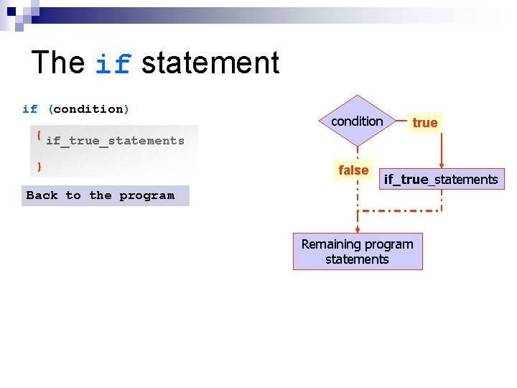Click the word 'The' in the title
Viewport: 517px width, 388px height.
tap(58, 63)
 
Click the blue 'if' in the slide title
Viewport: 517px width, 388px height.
tap(113, 65)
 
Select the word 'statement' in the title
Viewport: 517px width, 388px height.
tap(210, 63)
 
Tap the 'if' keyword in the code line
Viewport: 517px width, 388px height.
tap(29, 109)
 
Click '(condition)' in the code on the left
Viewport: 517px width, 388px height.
tap(89, 109)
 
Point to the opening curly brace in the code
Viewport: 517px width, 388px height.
tap(38, 135)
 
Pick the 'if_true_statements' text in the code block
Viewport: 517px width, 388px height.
tap(115, 141)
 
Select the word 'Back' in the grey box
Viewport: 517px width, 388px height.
tap(42, 195)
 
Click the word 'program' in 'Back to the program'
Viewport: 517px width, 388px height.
tap(146, 195)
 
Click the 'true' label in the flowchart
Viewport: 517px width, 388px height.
tap(424, 123)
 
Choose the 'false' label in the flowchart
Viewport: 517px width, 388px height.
tap(353, 170)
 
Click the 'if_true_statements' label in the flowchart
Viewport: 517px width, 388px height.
tap(440, 180)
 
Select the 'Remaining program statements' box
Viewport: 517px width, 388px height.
tap(358, 251)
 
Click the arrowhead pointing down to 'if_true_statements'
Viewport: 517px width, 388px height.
tap(441, 165)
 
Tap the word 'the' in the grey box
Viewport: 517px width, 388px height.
tap(101, 195)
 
